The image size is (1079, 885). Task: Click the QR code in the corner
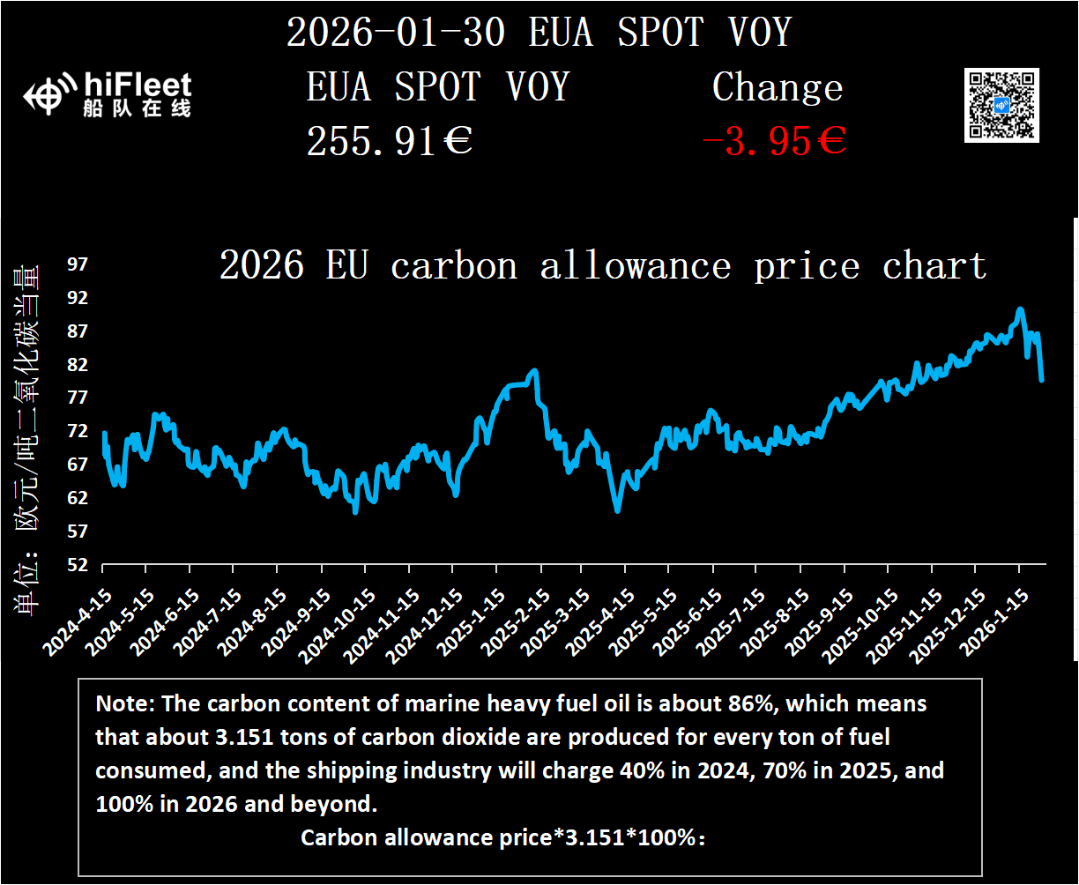coord(1001,105)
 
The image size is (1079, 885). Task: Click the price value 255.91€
coord(389,141)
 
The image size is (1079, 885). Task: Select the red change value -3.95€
coord(773,141)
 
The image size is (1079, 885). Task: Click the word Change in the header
coord(777,87)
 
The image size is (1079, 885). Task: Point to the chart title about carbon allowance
coord(602,265)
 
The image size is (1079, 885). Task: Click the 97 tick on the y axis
coord(78,264)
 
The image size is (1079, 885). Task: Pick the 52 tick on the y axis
coord(78,564)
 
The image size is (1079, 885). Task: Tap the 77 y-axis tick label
coord(78,398)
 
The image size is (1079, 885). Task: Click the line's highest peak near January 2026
coord(1020,309)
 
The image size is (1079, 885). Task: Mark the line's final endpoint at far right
coord(1042,380)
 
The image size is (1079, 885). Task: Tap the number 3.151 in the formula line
coord(592,837)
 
